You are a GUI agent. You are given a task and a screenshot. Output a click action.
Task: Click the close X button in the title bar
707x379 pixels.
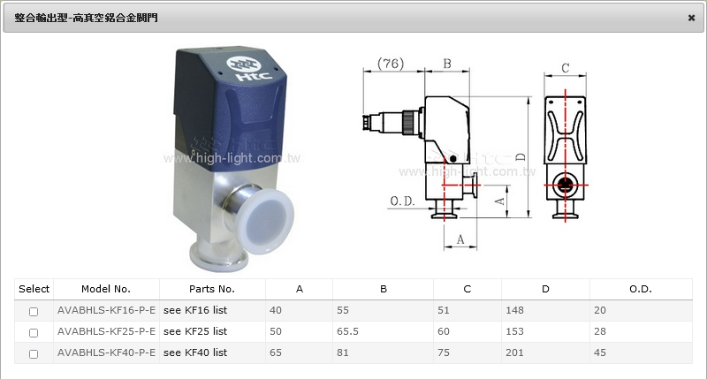click(691, 18)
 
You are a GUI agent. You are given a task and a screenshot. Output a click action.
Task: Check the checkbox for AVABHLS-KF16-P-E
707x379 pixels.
click(34, 311)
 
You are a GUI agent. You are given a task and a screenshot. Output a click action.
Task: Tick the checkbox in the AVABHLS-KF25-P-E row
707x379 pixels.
click(34, 332)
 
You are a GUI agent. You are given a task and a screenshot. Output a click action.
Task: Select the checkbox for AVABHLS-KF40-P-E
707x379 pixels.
click(34, 353)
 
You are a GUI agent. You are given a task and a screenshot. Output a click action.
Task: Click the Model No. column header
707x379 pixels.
click(106, 289)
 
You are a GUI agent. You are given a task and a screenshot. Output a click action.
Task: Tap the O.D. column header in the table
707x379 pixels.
click(640, 289)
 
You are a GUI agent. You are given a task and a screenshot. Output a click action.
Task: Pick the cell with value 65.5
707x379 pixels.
click(347, 331)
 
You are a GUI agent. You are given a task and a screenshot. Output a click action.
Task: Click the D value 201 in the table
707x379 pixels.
click(514, 352)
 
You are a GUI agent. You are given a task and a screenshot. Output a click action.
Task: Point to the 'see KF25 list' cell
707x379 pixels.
click(195, 331)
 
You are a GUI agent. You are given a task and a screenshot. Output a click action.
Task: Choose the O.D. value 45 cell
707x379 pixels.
click(600, 352)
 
